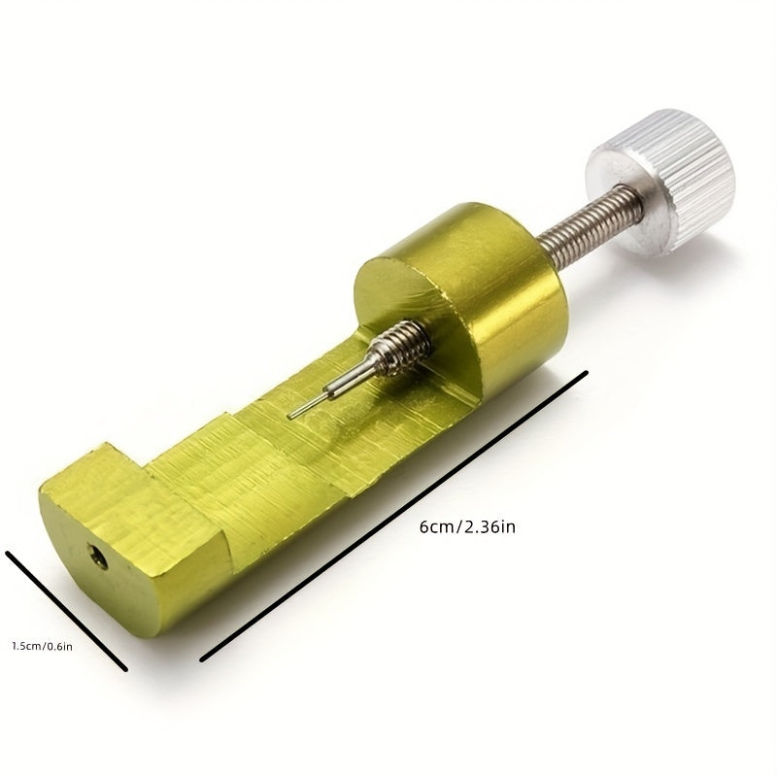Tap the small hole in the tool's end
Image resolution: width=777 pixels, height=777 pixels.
(98, 556)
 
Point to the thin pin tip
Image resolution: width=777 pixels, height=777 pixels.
(291, 416)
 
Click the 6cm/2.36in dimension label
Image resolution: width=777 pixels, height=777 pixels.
(467, 527)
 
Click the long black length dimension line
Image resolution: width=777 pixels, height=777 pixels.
(393, 516)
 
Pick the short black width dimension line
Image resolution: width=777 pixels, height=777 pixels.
(66, 611)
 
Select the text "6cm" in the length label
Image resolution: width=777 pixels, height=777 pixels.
(437, 527)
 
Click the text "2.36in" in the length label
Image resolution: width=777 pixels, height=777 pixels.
(489, 527)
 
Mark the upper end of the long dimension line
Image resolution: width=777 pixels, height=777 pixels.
(587, 371)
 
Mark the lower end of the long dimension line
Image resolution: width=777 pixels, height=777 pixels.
(201, 660)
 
